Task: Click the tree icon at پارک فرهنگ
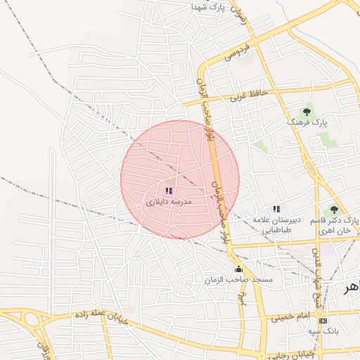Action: (x=307, y=111)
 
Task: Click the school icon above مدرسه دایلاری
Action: (x=169, y=191)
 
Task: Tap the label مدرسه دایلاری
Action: (x=169, y=202)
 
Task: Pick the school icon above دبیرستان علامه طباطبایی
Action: (x=276, y=209)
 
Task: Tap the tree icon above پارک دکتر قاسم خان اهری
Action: (x=334, y=209)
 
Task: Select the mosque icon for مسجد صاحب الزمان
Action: (x=238, y=269)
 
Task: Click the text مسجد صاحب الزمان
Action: (x=253, y=280)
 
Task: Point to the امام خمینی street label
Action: (x=290, y=317)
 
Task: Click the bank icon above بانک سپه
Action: (x=323, y=321)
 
